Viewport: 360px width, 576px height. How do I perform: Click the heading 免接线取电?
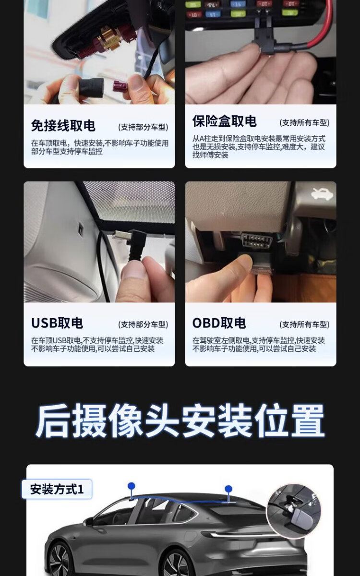click(63, 126)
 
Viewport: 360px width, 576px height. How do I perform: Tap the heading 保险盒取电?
click(225, 121)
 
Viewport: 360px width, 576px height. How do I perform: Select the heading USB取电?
click(57, 323)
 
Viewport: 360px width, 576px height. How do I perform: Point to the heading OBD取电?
click(219, 323)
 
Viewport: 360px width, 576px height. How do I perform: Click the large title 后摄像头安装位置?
click(180, 420)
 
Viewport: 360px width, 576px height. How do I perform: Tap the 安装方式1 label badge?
click(57, 489)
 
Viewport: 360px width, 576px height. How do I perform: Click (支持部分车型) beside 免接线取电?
click(143, 127)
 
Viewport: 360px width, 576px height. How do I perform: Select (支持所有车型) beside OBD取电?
click(304, 324)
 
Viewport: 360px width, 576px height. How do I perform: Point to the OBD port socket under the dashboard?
click(257, 241)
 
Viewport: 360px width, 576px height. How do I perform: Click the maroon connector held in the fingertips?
click(120, 86)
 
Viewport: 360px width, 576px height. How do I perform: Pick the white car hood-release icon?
click(323, 194)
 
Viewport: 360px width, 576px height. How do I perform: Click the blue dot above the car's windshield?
click(132, 486)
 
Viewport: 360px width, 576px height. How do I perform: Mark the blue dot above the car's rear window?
click(228, 489)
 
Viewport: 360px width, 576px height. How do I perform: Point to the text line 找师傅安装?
click(210, 155)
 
